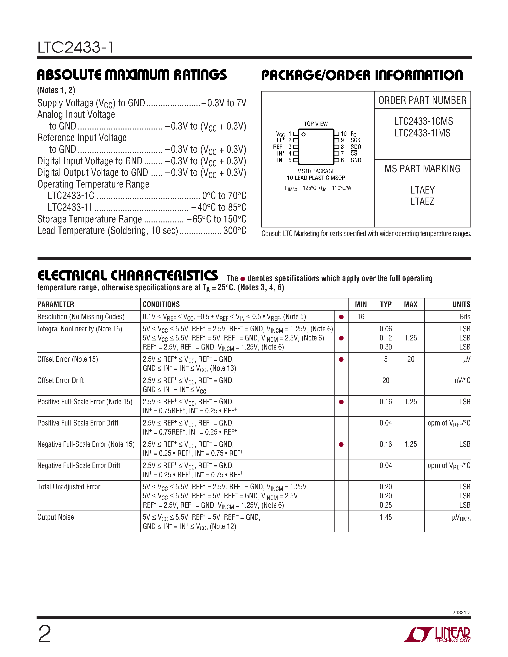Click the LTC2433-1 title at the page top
(x=76, y=48)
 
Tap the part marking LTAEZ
(x=422, y=202)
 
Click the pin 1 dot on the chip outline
(x=304, y=135)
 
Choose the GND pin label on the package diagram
(x=356, y=160)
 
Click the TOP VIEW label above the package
(x=316, y=124)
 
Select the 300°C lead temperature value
(x=235, y=231)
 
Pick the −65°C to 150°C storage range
(x=216, y=219)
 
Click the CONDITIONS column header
(x=161, y=304)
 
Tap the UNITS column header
(x=461, y=304)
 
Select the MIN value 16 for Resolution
(x=361, y=317)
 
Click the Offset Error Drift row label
(x=60, y=381)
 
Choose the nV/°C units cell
(x=462, y=381)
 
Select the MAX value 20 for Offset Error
(x=410, y=359)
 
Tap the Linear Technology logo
(x=437, y=635)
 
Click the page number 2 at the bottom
(x=44, y=634)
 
